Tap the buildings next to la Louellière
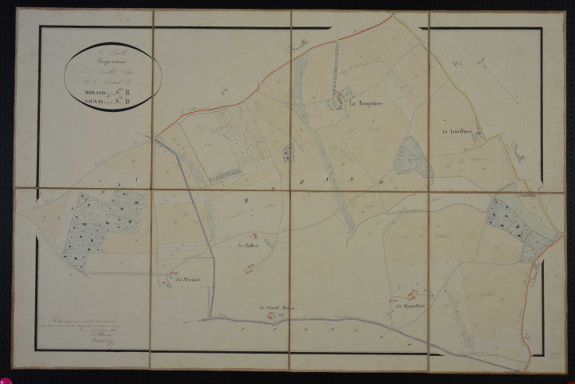(x=477, y=137)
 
